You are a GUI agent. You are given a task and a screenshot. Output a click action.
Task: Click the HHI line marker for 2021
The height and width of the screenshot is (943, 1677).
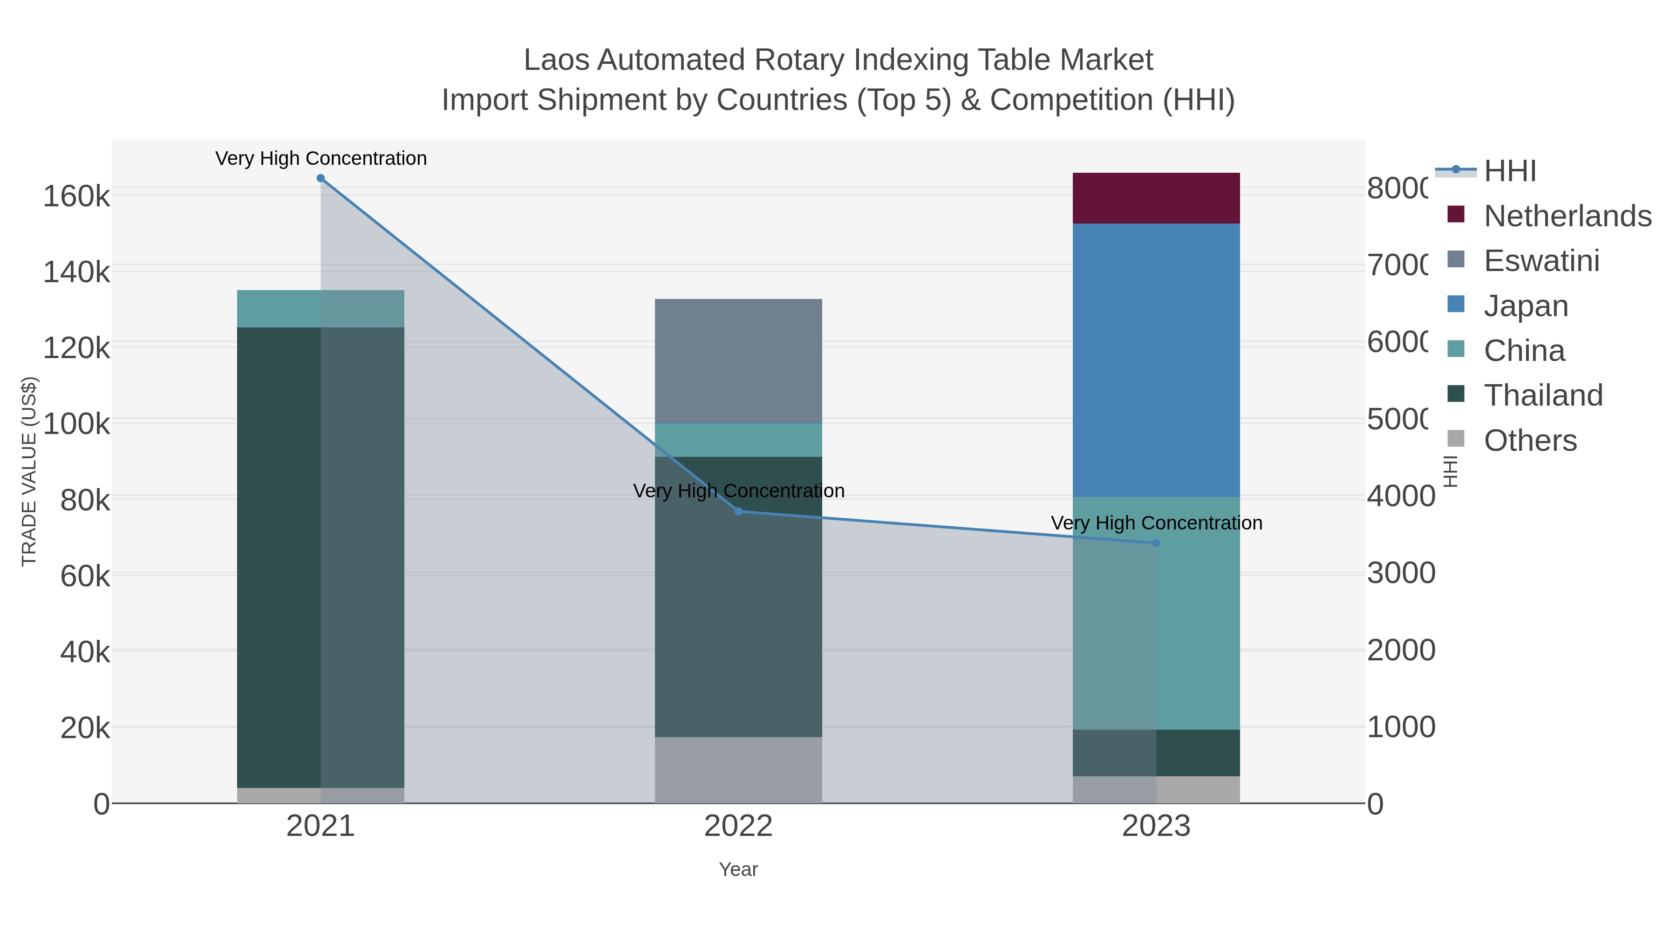click(320, 178)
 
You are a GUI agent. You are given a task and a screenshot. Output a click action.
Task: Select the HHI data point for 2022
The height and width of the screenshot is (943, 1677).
click(738, 511)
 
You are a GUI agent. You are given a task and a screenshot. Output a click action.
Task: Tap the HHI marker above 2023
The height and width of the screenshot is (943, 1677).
click(1156, 543)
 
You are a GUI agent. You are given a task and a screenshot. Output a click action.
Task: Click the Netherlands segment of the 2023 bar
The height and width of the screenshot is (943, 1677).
click(1156, 198)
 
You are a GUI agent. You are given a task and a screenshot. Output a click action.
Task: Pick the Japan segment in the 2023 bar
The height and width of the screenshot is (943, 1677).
click(1156, 360)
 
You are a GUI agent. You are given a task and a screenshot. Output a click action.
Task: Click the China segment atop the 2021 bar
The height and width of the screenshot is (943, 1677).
click(320, 308)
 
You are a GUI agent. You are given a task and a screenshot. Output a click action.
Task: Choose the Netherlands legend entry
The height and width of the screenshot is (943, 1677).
click(1567, 216)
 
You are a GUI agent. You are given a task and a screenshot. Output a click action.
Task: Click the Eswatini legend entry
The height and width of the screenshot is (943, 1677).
click(1541, 261)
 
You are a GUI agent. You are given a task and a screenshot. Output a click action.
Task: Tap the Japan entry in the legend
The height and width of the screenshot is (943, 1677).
click(1525, 306)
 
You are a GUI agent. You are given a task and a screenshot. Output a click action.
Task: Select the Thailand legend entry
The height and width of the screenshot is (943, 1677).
click(1543, 396)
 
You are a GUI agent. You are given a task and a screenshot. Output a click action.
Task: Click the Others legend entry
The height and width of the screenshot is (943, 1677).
click(1530, 441)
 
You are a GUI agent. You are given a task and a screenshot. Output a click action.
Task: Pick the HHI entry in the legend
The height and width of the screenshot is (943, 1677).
click(1510, 171)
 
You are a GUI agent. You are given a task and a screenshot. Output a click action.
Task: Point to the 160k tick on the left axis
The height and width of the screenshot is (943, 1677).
click(76, 196)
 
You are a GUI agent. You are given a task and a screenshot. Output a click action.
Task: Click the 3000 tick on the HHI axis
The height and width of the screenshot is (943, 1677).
click(1400, 573)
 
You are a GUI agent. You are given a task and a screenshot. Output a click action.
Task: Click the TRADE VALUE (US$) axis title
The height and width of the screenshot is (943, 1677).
click(29, 471)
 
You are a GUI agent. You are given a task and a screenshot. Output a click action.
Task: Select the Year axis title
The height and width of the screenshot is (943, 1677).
click(738, 869)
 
